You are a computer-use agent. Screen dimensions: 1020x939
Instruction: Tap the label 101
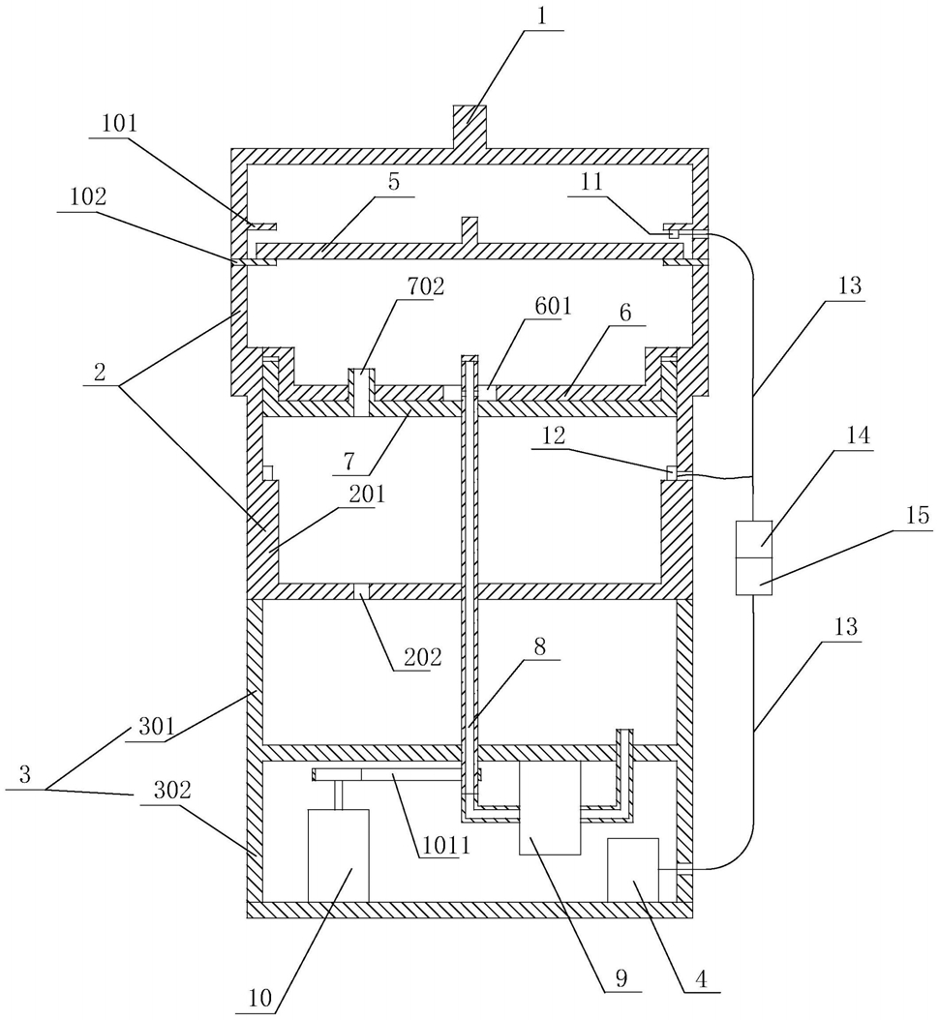coord(118,124)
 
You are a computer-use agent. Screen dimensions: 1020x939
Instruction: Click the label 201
coord(369,495)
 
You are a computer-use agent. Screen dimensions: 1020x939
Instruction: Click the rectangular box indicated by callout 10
coord(338,855)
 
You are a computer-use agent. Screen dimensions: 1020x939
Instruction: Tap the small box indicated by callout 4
coord(632,869)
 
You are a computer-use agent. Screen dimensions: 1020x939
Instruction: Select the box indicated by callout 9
coord(550,807)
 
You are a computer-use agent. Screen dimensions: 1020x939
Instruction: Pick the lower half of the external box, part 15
coord(752,575)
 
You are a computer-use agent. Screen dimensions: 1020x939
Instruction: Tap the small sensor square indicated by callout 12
coord(672,472)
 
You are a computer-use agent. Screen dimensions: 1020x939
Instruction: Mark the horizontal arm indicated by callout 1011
coord(397,775)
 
